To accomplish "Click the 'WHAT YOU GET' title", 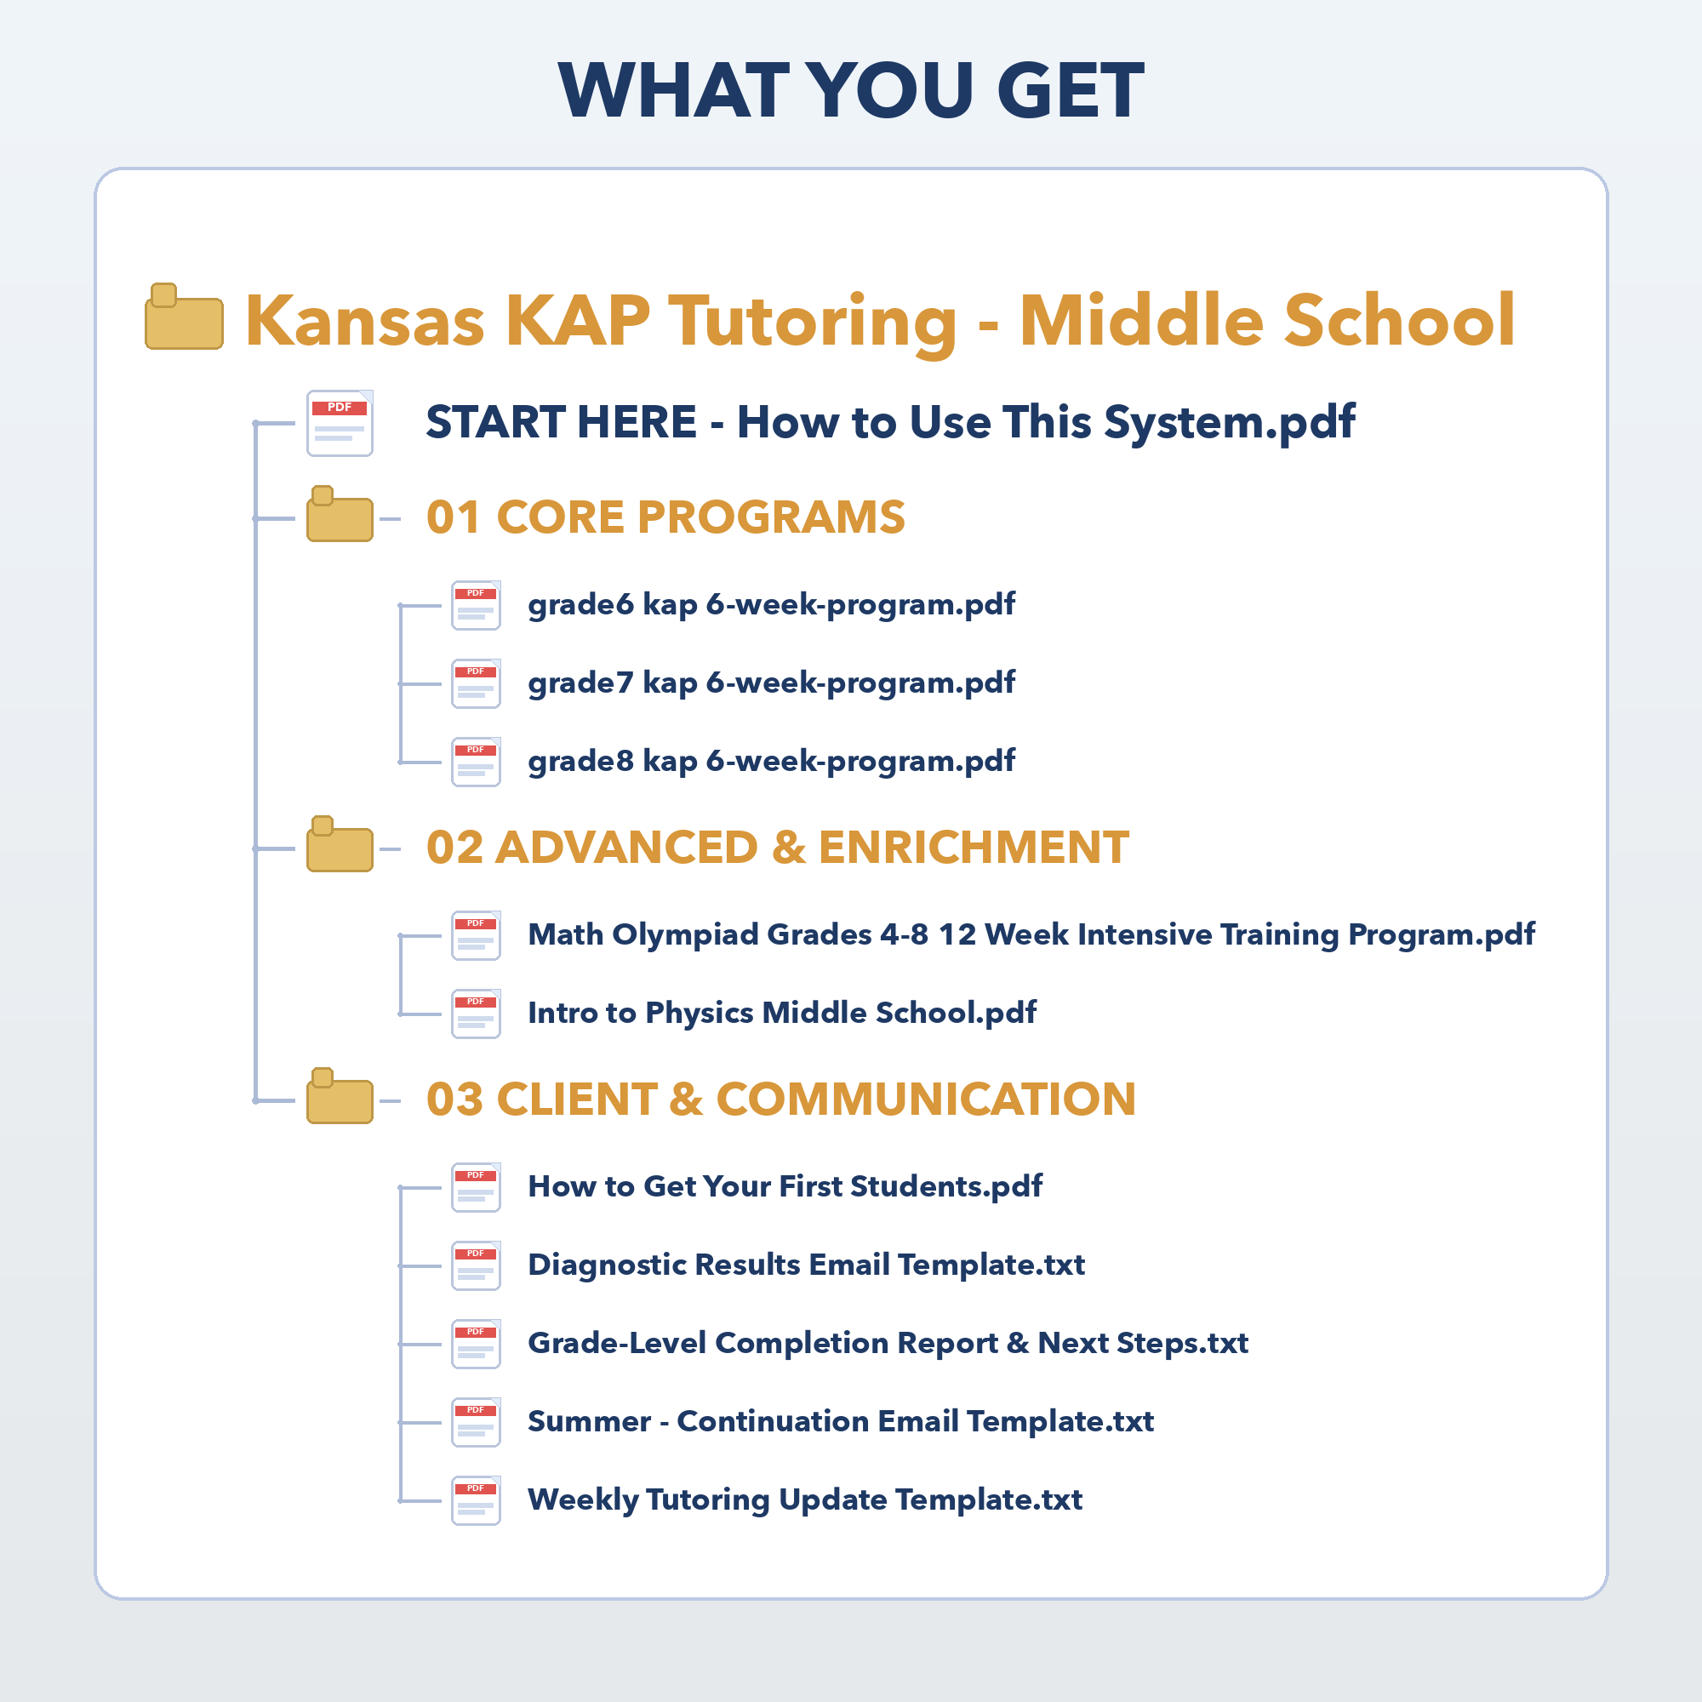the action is (851, 90).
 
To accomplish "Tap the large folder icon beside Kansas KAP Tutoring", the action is (184, 317).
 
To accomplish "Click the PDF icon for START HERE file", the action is (340, 423).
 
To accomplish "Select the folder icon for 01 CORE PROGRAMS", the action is (340, 514).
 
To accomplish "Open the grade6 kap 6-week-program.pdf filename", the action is (771, 605).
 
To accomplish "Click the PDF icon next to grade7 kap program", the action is (477, 683).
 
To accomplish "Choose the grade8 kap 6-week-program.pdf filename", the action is (771, 761).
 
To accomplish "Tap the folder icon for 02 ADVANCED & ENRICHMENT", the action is (340, 844).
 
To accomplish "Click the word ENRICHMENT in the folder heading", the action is (974, 848).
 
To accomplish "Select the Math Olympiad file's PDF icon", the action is (477, 935).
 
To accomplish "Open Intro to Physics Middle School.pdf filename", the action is (781, 1013).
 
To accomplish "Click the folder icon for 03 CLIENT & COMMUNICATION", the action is (340, 1096).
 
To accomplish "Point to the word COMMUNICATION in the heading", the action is (926, 1099).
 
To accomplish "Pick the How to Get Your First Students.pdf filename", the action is (785, 1186).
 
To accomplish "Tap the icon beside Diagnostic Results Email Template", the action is (477, 1266).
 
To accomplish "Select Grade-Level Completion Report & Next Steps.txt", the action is (888, 1344).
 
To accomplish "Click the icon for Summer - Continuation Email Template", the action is (477, 1423).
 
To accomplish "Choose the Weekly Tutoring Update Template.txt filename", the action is (805, 1500).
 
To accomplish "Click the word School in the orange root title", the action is (1400, 320).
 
